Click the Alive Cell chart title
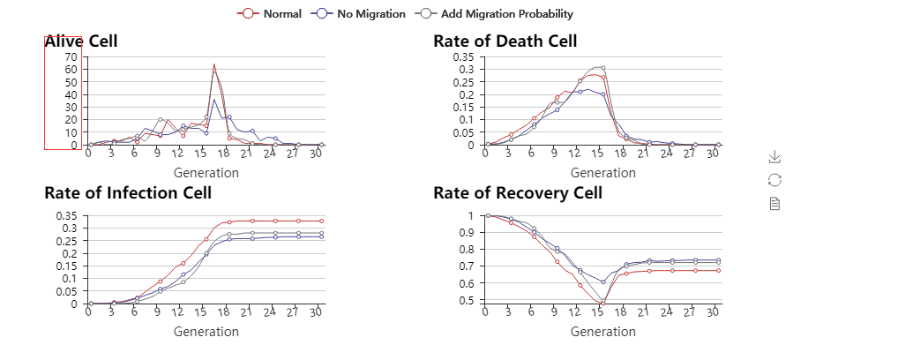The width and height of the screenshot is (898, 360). click(x=80, y=41)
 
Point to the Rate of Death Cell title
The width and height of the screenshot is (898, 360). click(x=505, y=41)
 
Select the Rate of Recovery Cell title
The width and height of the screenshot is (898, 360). click(x=517, y=193)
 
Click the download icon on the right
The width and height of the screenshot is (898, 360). click(x=775, y=156)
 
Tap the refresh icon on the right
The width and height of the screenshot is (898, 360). click(x=775, y=180)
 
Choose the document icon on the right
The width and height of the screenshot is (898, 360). click(x=775, y=204)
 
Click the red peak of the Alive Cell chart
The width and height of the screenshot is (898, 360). click(x=214, y=64)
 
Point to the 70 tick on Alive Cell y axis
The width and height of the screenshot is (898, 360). click(x=71, y=56)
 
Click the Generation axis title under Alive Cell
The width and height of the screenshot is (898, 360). click(x=206, y=173)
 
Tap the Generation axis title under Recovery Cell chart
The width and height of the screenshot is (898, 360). click(x=602, y=332)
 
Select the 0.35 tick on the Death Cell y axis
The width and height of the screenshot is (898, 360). click(x=463, y=56)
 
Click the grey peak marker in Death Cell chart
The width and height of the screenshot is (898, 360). click(x=602, y=68)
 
